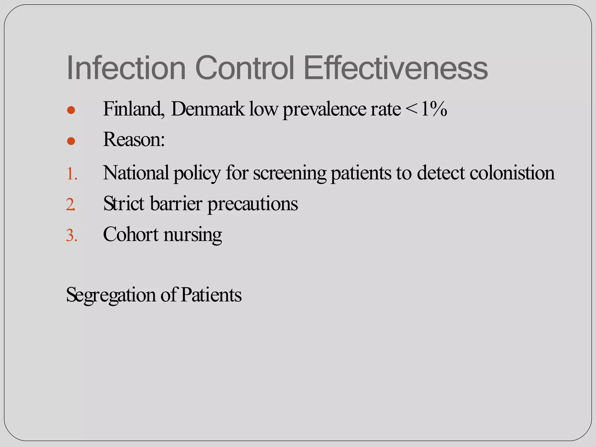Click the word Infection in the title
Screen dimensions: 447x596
[126, 68]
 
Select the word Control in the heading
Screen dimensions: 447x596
[245, 68]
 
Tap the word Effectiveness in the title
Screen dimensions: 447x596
[395, 68]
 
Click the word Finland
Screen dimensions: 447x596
[133, 109]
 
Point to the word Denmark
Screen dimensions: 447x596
[208, 109]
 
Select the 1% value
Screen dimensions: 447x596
[434, 109]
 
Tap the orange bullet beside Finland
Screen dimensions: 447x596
[71, 110]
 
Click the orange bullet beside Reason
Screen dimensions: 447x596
[71, 141]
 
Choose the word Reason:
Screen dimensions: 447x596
[134, 140]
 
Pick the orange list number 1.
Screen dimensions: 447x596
[72, 174]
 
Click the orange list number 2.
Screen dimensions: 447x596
[71, 205]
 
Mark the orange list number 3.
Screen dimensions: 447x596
[72, 235]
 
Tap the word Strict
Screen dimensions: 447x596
[124, 203]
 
